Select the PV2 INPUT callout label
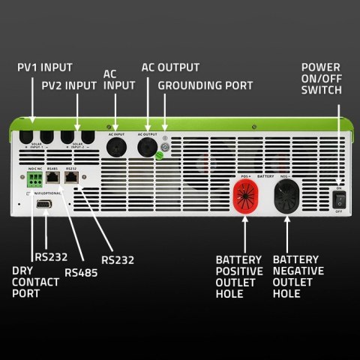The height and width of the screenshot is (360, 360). [68, 88]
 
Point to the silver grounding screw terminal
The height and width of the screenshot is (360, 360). [166, 147]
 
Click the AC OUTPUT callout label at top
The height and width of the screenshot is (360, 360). [170, 66]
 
